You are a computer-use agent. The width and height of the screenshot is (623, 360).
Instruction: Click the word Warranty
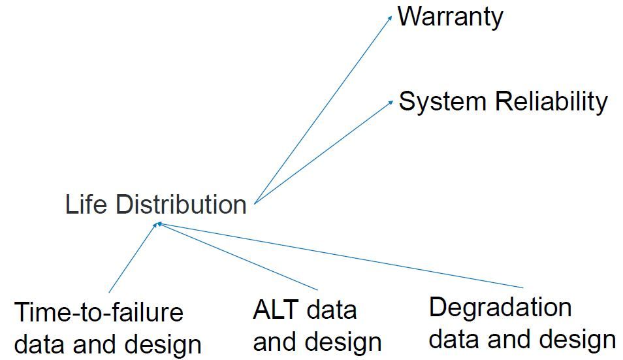pyautogui.click(x=450, y=16)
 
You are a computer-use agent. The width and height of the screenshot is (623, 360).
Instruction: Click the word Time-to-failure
pyautogui.click(x=99, y=312)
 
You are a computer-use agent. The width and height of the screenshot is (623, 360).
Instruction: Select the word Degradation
pyautogui.click(x=500, y=307)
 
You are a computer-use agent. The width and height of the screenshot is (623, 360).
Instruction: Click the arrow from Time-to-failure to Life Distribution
pyautogui.click(x=133, y=258)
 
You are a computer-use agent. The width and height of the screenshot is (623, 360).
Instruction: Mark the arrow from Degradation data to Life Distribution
pyautogui.click(x=340, y=255)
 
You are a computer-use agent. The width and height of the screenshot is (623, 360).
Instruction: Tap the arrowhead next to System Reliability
pyautogui.click(x=391, y=101)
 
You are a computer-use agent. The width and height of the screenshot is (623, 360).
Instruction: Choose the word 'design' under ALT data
pyautogui.click(x=342, y=342)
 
